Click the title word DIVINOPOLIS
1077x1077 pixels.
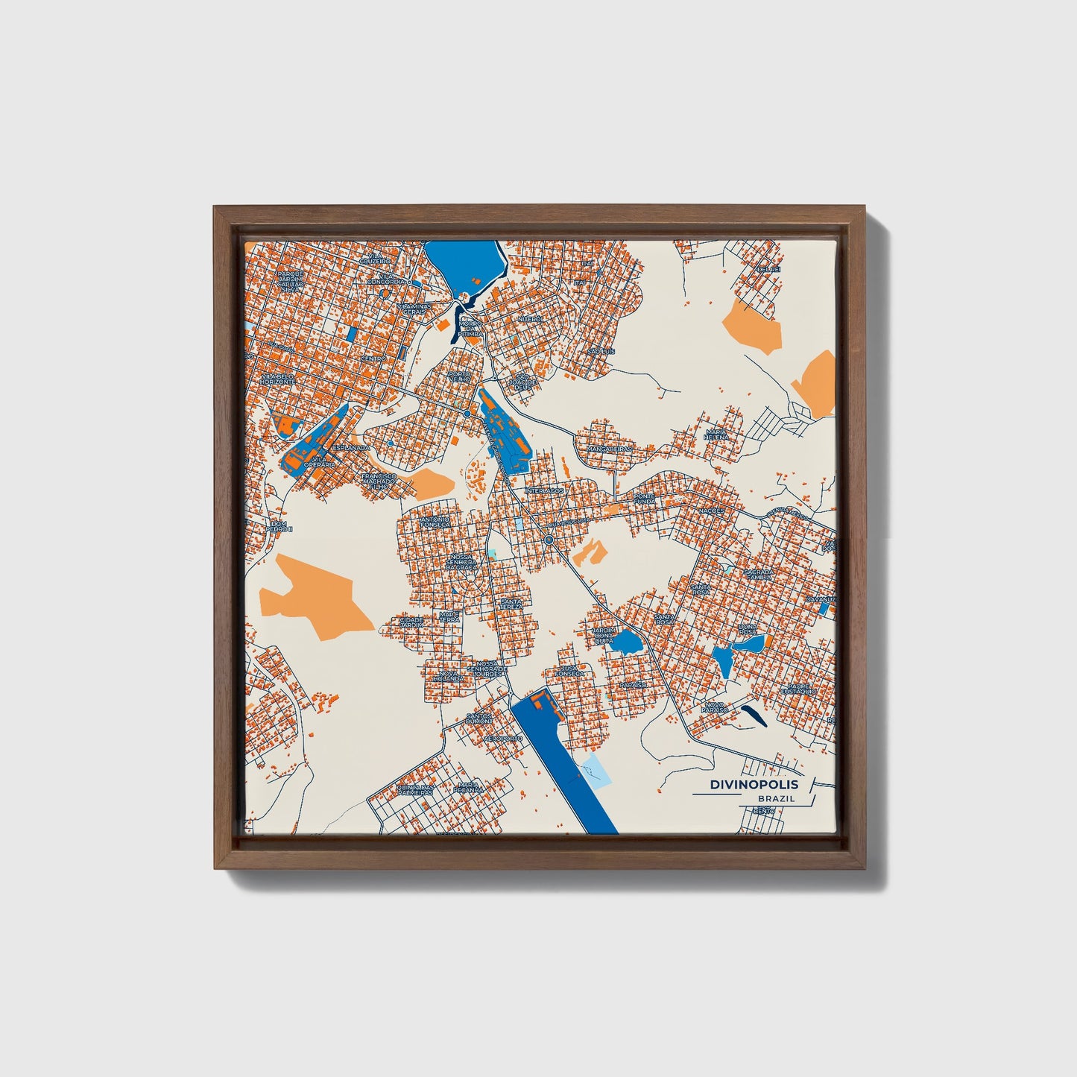(754, 784)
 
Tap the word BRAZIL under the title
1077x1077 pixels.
(775, 798)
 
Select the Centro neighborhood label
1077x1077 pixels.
(373, 359)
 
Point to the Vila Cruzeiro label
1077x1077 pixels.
(375, 259)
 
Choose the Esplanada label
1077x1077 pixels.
(350, 447)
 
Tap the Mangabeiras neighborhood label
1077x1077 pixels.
(610, 449)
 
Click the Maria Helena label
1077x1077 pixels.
(716, 434)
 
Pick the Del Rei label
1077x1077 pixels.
(768, 269)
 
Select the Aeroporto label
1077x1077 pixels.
(503, 738)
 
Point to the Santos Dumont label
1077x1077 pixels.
(479, 718)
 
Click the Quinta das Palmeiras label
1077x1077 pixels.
(416, 789)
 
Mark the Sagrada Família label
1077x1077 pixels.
(759, 574)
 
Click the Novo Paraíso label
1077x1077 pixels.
(714, 706)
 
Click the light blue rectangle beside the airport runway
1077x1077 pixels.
(598, 769)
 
